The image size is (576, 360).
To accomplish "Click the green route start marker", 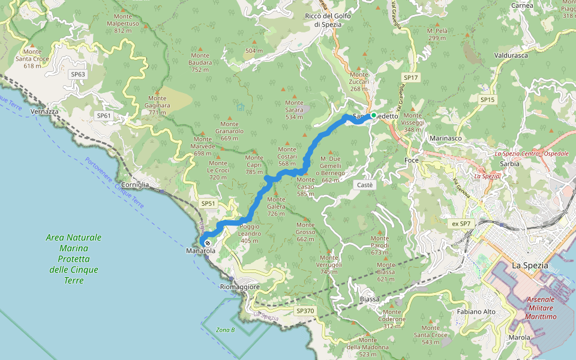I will click(x=373, y=115).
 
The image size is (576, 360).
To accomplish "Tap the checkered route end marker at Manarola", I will click(x=208, y=243).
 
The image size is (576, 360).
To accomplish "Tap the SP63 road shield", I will click(x=78, y=74).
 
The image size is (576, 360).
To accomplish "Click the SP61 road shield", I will click(x=104, y=115).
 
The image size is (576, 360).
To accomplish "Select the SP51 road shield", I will click(x=208, y=204).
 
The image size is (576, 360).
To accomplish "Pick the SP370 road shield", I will click(x=305, y=311).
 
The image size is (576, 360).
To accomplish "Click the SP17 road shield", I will click(x=410, y=77).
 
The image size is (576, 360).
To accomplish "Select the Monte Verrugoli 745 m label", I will click(x=331, y=268).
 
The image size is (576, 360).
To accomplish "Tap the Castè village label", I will click(x=365, y=185).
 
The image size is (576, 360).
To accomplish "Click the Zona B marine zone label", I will click(x=226, y=329).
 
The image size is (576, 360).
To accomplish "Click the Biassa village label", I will click(x=370, y=299).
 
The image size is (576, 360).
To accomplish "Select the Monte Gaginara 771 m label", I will click(x=157, y=105).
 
